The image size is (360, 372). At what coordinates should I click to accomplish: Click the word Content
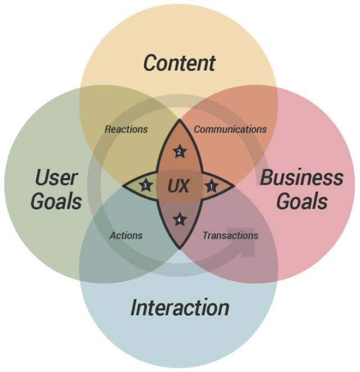tap(179, 63)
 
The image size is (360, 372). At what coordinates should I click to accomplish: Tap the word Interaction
tap(180, 307)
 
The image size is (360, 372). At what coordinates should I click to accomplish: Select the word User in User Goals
tap(56, 178)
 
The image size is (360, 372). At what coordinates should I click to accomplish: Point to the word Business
tap(301, 178)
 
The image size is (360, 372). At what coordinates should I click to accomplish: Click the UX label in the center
tap(178, 186)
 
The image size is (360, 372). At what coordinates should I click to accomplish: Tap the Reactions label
tap(126, 130)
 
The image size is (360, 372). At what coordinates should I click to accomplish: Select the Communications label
tap(230, 130)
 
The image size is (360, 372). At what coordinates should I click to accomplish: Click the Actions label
tap(126, 235)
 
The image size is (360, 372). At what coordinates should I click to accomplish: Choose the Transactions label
tap(230, 235)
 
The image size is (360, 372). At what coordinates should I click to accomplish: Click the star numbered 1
tap(211, 186)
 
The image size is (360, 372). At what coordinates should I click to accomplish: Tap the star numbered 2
tap(180, 151)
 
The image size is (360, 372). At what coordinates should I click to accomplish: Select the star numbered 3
tap(145, 185)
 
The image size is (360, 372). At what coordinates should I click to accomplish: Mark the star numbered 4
tap(179, 220)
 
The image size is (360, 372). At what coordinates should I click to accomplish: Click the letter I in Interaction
tap(134, 307)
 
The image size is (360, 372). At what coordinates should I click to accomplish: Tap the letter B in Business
tap(267, 178)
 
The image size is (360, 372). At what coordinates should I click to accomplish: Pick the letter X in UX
tap(184, 186)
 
